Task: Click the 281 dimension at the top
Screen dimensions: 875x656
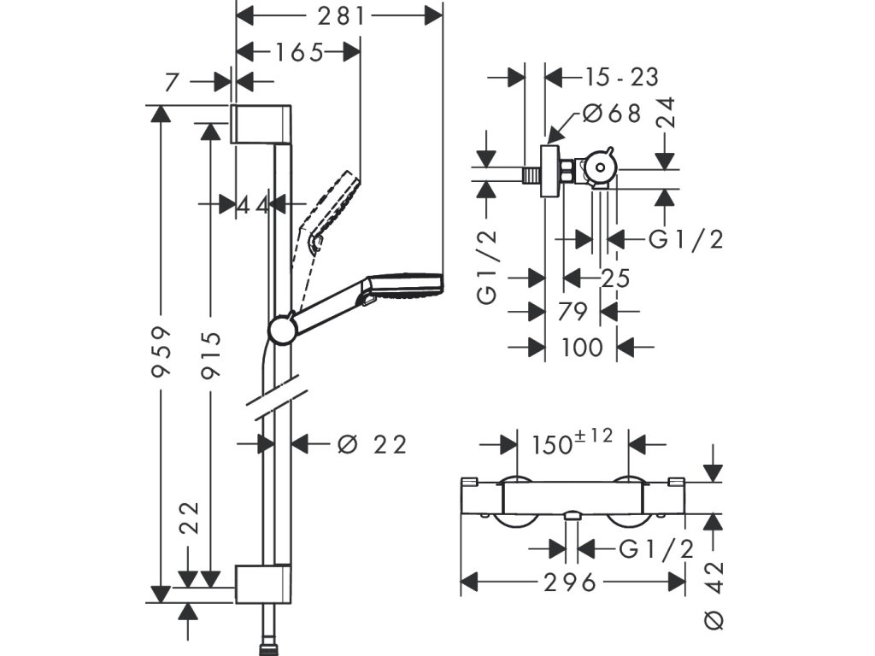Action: (340, 16)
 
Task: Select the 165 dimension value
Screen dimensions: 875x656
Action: (299, 52)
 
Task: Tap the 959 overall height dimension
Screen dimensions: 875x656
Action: (161, 352)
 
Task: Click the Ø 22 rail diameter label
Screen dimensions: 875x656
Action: (373, 444)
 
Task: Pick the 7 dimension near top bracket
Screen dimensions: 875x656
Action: (171, 82)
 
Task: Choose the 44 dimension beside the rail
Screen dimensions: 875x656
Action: (253, 205)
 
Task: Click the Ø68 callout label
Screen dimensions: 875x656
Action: (612, 114)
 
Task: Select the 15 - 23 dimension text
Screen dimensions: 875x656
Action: (622, 76)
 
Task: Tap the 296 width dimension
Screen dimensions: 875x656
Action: (570, 583)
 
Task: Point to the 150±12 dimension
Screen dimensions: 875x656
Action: (572, 442)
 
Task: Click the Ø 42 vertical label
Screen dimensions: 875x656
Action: (714, 595)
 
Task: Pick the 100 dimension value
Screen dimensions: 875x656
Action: (582, 347)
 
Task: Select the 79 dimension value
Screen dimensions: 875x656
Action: (573, 312)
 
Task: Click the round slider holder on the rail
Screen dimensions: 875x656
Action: (284, 330)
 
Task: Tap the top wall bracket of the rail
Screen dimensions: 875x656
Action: (261, 123)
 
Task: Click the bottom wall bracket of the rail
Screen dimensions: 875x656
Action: (262, 584)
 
